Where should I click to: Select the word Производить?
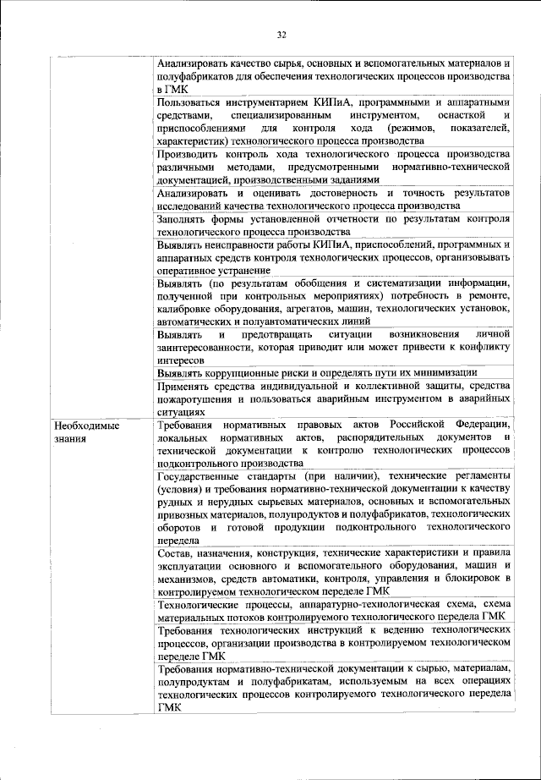click(188, 155)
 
